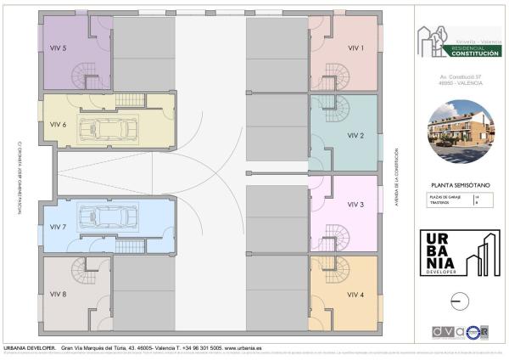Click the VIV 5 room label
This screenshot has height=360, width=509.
pyautogui.click(x=59, y=48)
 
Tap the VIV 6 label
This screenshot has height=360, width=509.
pyautogui.click(x=59, y=125)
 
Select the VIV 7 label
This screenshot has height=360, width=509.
pyautogui.click(x=59, y=228)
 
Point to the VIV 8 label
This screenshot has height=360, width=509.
pyautogui.click(x=59, y=295)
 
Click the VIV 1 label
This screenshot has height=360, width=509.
pyautogui.click(x=356, y=48)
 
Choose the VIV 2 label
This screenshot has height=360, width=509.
pyautogui.click(x=356, y=136)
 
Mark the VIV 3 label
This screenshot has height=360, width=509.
pyautogui.click(x=356, y=205)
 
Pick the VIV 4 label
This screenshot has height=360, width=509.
pyautogui.click(x=356, y=295)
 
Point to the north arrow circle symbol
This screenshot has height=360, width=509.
pyautogui.click(x=459, y=301)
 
